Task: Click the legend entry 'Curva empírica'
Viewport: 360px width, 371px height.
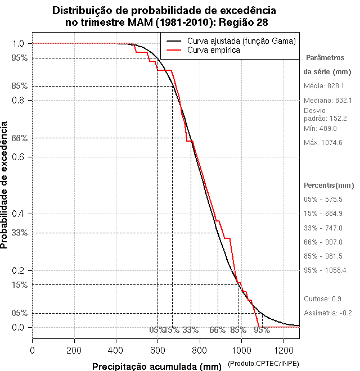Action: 213,50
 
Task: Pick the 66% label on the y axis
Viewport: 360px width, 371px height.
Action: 20,138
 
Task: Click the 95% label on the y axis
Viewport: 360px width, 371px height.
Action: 20,57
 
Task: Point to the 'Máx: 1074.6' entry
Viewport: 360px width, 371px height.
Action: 323,142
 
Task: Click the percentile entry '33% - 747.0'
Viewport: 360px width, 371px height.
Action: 323,228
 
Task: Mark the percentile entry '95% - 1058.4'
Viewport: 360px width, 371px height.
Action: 325,270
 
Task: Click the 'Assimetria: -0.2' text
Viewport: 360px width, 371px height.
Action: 327,313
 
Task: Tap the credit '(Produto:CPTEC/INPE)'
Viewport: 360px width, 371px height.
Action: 263,364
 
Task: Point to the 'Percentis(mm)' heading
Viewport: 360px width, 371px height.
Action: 328,185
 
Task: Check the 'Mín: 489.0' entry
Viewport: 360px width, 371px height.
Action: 320,128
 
